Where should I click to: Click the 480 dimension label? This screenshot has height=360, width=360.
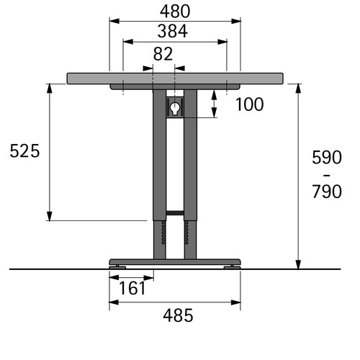click(x=175, y=12)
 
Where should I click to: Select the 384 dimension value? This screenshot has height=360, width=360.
click(x=172, y=31)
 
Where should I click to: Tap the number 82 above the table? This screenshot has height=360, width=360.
click(x=163, y=54)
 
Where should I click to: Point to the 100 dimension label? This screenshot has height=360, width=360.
click(x=250, y=104)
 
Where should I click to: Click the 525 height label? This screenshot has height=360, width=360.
click(x=24, y=151)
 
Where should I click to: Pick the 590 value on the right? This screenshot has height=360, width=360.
click(x=327, y=157)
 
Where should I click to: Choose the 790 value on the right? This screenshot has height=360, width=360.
click(x=327, y=192)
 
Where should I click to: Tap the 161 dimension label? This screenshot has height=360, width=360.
click(x=132, y=288)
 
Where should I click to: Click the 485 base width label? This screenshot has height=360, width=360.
click(x=178, y=315)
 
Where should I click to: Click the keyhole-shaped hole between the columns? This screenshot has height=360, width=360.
click(x=175, y=108)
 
